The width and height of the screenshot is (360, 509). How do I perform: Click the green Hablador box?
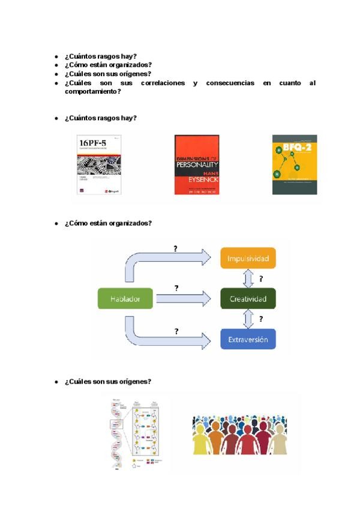tap(125, 298)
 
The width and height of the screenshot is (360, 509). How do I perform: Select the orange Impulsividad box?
tap(248, 259)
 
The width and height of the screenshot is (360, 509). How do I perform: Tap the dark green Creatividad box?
tap(248, 298)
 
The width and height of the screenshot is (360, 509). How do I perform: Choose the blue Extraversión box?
tap(248, 339)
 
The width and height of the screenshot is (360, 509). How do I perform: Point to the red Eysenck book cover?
tap(197, 164)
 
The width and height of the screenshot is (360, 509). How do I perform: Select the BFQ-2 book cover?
tap(295, 164)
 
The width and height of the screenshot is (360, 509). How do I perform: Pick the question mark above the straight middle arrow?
tap(176, 288)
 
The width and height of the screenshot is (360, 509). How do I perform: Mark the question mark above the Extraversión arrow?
tap(176, 331)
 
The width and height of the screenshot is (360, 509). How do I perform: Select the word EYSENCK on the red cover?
tap(197, 179)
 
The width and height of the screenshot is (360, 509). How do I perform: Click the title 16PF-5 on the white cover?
tap(92, 142)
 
